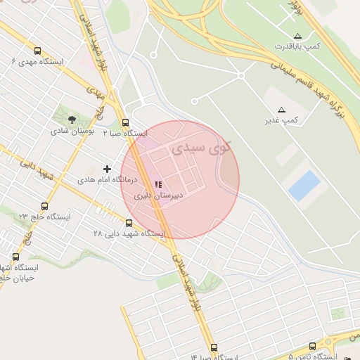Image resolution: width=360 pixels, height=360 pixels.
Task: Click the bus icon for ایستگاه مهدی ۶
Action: pos(37,51)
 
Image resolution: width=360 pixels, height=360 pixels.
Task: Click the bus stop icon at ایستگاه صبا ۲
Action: pos(125,122)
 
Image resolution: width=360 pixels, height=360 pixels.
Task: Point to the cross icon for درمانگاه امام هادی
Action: pos(107,169)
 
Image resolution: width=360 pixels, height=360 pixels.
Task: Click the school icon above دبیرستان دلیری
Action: pos(158,184)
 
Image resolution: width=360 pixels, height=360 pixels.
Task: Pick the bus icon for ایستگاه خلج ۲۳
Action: pos(45,206)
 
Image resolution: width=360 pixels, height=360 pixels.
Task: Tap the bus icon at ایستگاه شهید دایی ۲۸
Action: pos(129,223)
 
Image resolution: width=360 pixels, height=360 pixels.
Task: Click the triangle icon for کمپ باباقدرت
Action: pos(298,35)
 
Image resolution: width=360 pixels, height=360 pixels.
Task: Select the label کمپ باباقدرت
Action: pos(298,46)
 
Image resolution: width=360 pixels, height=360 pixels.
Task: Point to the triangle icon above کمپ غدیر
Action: pos(282,110)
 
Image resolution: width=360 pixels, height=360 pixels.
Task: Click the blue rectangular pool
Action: pos(304,186)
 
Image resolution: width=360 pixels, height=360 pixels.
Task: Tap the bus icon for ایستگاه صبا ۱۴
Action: pos(214,347)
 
